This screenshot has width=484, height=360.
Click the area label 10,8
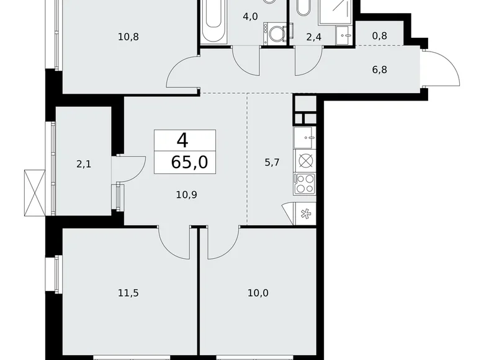[x=128, y=37]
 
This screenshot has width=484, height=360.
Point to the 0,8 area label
[x=380, y=37]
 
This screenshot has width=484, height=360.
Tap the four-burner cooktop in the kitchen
[x=306, y=183]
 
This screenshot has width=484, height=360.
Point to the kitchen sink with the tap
[x=306, y=136]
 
